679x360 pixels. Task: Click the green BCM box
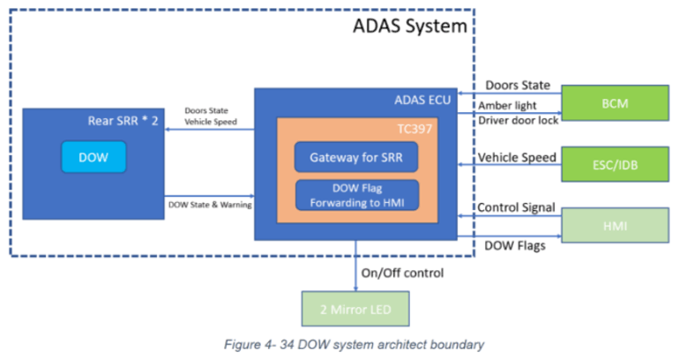tap(615, 102)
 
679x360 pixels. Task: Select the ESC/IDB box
tap(615, 164)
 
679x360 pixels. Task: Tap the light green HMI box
tap(615, 226)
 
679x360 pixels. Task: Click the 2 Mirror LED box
tap(355, 309)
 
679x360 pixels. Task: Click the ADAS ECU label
tap(422, 100)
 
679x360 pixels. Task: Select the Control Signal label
tap(516, 208)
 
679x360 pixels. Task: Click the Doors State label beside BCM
tap(517, 85)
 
